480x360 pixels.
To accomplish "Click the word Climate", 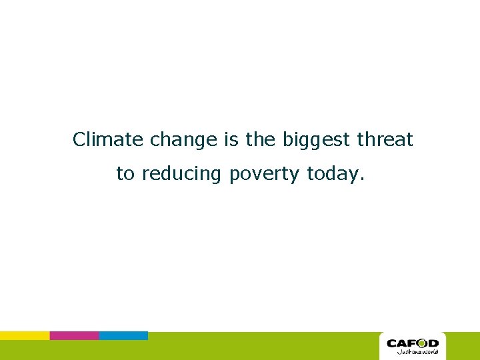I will coord(109,140).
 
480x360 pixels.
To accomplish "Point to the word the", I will coord(261,140).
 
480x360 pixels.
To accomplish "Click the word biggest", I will coord(316,141).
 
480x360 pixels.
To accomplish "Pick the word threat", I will coord(385,140).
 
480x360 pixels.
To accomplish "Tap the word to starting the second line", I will coord(125,174).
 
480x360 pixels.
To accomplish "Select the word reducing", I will coord(182,175).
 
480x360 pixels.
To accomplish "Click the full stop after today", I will coord(362,179).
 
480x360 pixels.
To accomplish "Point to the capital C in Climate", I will coord(80,140).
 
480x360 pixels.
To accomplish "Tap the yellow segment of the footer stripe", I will coord(25,335).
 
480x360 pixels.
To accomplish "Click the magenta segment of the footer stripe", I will coord(74,335).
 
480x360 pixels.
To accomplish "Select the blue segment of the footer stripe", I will coord(123,335).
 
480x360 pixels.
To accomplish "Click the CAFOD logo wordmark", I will coord(413,343).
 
